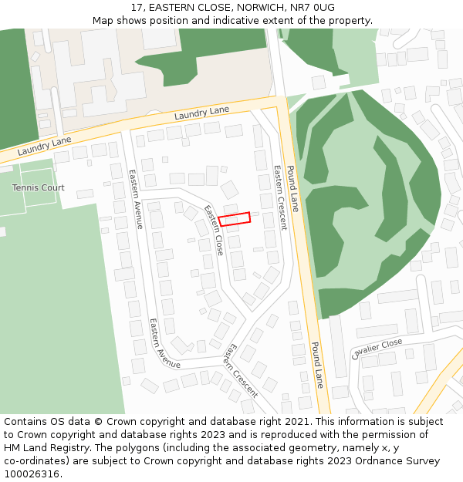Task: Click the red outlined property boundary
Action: [x=235, y=219]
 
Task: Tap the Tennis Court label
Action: [x=38, y=187]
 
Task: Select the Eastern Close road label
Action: [x=214, y=230]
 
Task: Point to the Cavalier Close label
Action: [x=377, y=349]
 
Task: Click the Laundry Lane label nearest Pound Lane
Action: [x=201, y=113]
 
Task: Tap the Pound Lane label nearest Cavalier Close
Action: [x=317, y=365]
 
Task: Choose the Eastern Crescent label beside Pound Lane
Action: [x=279, y=197]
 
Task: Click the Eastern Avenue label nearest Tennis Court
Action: [x=136, y=199]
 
